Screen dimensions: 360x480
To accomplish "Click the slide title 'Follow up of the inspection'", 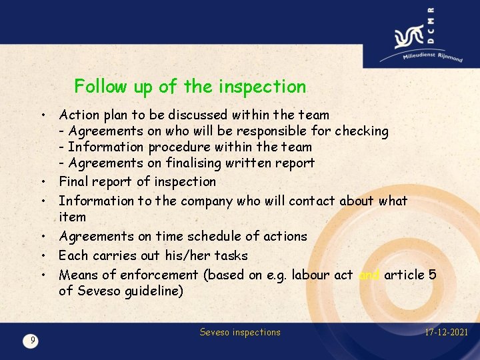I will click(190, 86).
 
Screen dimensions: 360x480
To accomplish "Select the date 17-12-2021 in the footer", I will click(446, 332).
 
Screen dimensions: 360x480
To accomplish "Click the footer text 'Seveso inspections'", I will click(240, 332).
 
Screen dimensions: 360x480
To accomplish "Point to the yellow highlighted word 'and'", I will click(369, 275).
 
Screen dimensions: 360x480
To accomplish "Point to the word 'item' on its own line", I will click(72, 217).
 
